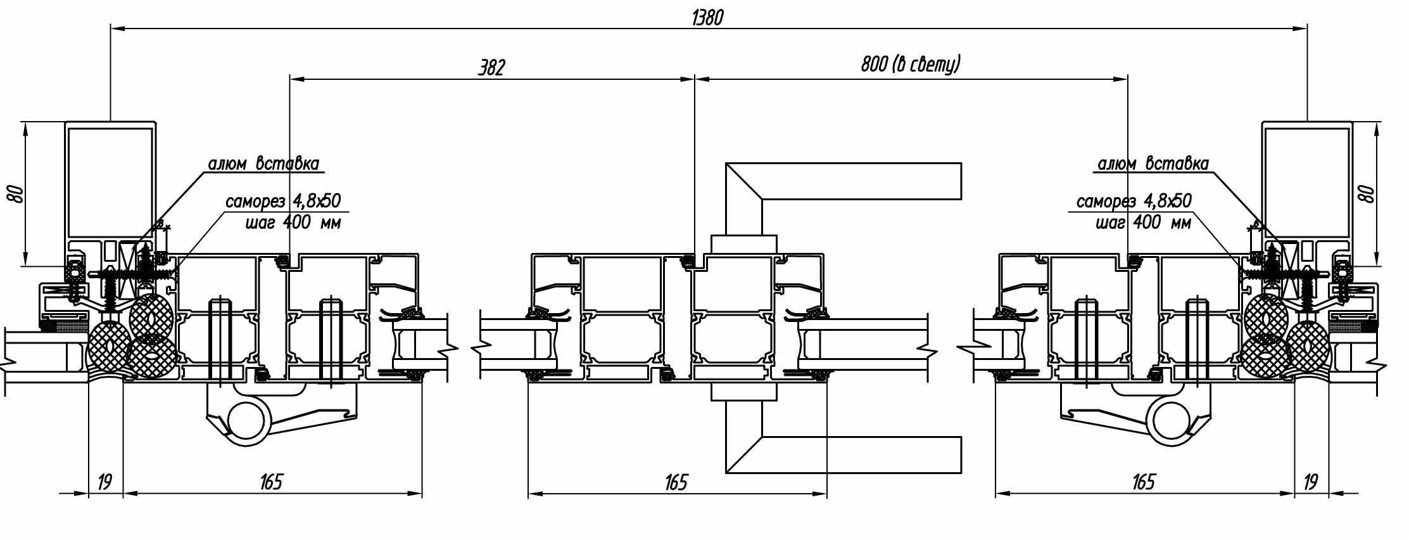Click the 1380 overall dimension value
[707, 18]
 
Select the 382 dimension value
[491, 68]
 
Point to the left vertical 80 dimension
[18, 194]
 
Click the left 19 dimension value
[104, 482]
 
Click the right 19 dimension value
[1310, 482]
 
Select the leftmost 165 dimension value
[271, 482]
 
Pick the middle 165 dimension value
[676, 482]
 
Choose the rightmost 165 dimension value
[1143, 482]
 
